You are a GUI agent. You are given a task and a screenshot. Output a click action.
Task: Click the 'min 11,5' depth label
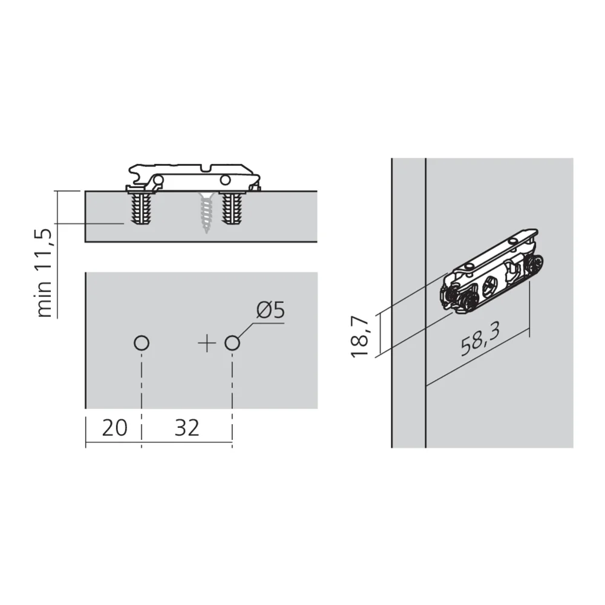[x=46, y=272]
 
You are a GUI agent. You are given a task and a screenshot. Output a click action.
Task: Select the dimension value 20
[x=114, y=428]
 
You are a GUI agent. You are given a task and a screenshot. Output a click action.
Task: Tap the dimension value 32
[x=186, y=428]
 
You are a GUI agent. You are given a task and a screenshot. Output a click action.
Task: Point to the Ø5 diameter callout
[x=270, y=311]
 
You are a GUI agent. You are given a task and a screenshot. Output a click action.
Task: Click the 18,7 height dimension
[x=361, y=334]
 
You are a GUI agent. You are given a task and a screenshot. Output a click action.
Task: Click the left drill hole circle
[x=141, y=344]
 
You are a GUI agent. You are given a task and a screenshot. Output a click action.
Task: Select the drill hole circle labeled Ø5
[x=232, y=344]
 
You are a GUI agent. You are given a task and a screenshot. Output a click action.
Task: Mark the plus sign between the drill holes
[x=206, y=344]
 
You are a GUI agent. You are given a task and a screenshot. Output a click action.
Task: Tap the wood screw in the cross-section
[x=206, y=213]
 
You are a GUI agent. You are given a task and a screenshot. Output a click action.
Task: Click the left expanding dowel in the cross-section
[x=141, y=209]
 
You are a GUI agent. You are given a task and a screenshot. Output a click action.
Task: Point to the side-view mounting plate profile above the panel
[x=194, y=175]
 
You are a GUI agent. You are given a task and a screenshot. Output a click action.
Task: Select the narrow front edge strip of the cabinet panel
[x=408, y=302]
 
